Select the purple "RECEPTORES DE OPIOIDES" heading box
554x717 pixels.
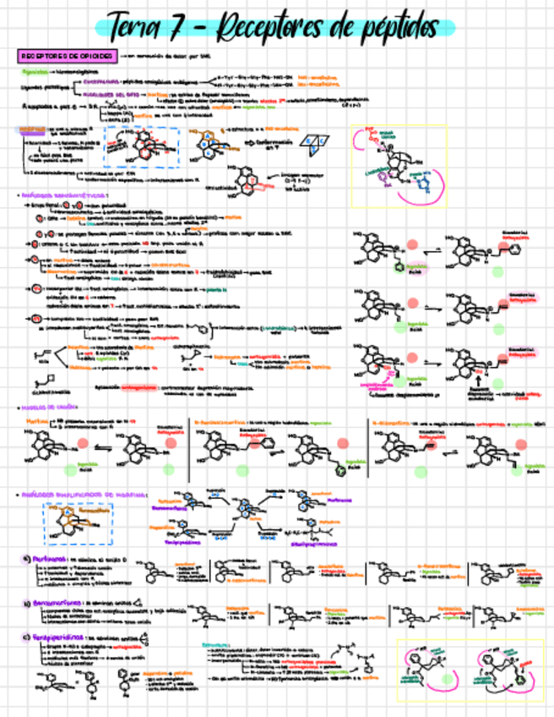point(68,55)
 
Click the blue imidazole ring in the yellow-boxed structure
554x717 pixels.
point(430,183)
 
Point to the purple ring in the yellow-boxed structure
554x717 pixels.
point(388,178)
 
